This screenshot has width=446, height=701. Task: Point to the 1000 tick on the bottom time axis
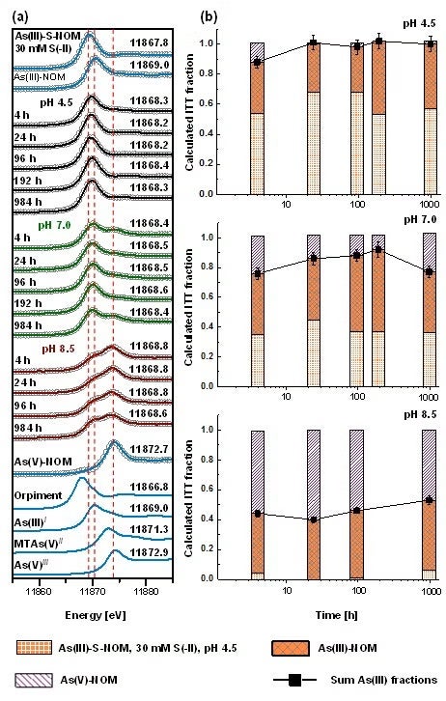pos(429,588)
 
